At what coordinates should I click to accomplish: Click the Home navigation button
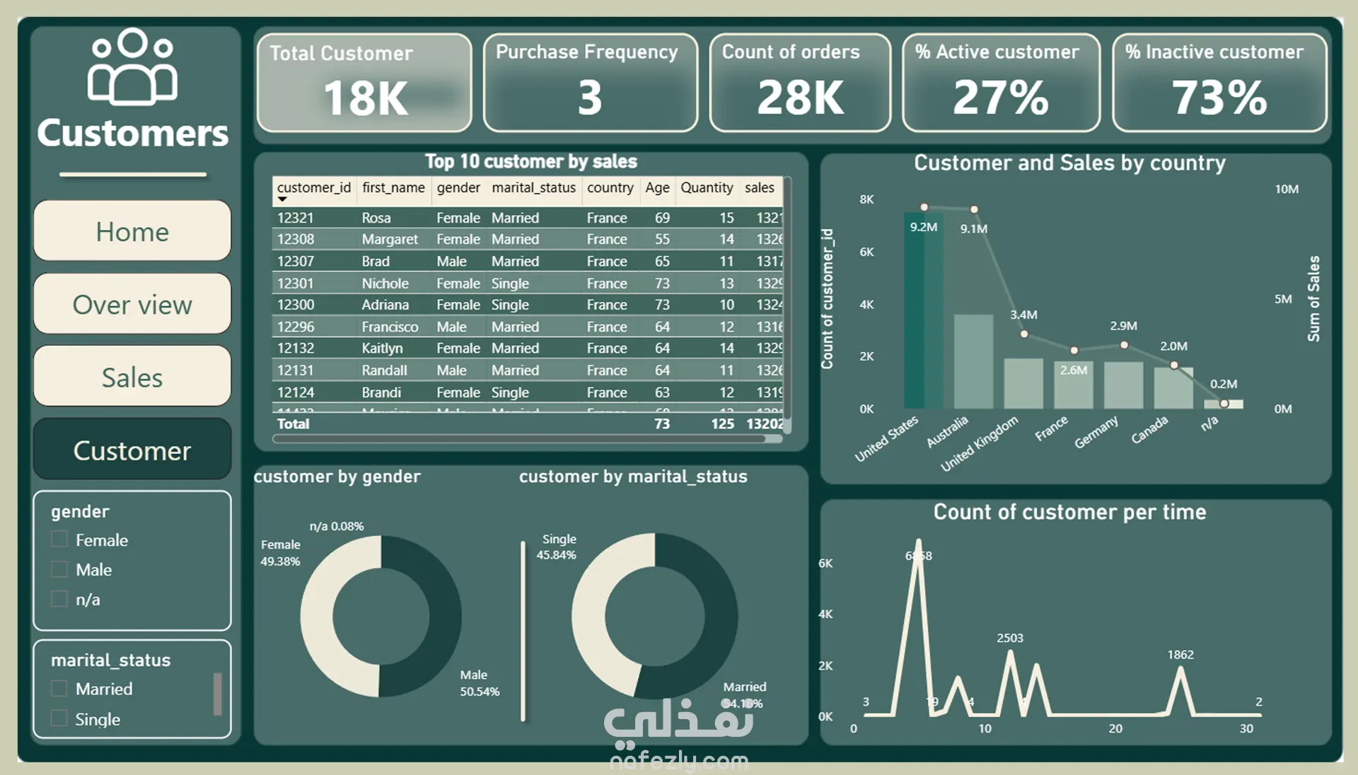(x=132, y=231)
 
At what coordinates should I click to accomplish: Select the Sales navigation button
(x=132, y=377)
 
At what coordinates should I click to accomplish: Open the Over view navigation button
(x=132, y=304)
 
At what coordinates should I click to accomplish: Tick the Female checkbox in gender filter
(x=59, y=540)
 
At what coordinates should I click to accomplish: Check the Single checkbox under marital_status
(x=59, y=718)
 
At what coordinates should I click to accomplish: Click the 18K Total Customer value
(x=365, y=98)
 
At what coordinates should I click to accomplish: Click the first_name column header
(x=393, y=187)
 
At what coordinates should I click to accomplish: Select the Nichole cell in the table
(x=385, y=283)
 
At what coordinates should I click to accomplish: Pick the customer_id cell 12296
(x=296, y=327)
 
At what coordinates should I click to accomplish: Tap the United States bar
(x=923, y=311)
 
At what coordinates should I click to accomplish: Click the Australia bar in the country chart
(x=973, y=361)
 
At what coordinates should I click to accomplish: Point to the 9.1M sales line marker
(x=974, y=209)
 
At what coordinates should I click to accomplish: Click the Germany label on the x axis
(x=1096, y=431)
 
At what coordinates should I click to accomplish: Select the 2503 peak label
(x=1010, y=638)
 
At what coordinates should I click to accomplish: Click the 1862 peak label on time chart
(x=1180, y=655)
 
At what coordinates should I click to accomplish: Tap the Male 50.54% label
(x=480, y=683)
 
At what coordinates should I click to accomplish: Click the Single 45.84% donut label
(x=557, y=547)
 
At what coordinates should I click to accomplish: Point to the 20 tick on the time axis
(x=1115, y=728)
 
